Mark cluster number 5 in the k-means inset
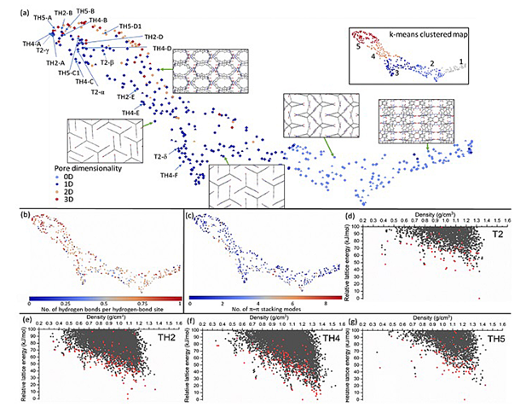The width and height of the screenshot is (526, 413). pyautogui.click(x=360, y=50)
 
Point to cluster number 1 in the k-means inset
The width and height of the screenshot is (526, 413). pyautogui.click(x=461, y=61)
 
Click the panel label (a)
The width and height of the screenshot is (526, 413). pyautogui.click(x=11, y=9)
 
